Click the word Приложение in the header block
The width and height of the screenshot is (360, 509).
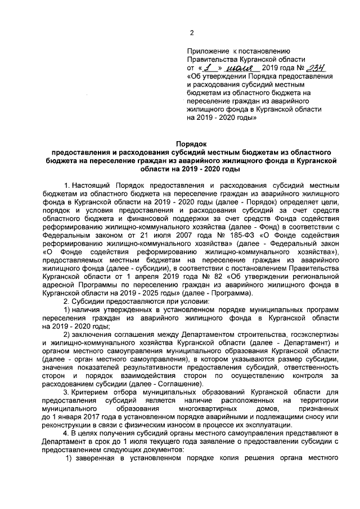pos(208,50)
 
